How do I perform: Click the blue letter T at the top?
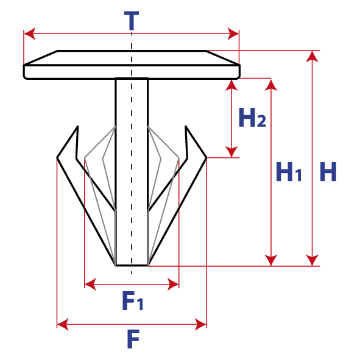(x=132, y=21)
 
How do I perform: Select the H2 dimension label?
(x=252, y=118)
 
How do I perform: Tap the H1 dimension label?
(x=288, y=172)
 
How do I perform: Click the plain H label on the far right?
(x=328, y=172)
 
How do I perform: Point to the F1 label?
(x=132, y=300)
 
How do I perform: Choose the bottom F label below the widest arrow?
(x=133, y=339)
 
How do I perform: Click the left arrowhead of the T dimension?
(x=30, y=34)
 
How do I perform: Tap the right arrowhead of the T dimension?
(x=233, y=34)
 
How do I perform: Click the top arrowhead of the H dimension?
(x=312, y=57)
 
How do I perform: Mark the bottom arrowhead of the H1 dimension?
(x=271, y=260)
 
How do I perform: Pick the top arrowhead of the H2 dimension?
(x=231, y=85)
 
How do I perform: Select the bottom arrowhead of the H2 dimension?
(x=231, y=152)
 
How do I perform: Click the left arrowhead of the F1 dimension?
(x=90, y=284)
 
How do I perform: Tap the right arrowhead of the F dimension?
(x=200, y=325)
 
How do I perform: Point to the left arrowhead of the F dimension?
(x=63, y=325)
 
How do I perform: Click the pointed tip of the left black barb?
(x=78, y=127)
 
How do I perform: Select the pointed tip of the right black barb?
(x=186, y=127)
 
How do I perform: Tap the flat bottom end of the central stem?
(x=132, y=266)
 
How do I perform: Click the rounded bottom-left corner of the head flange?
(x=25, y=77)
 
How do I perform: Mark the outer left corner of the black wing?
(x=57, y=158)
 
